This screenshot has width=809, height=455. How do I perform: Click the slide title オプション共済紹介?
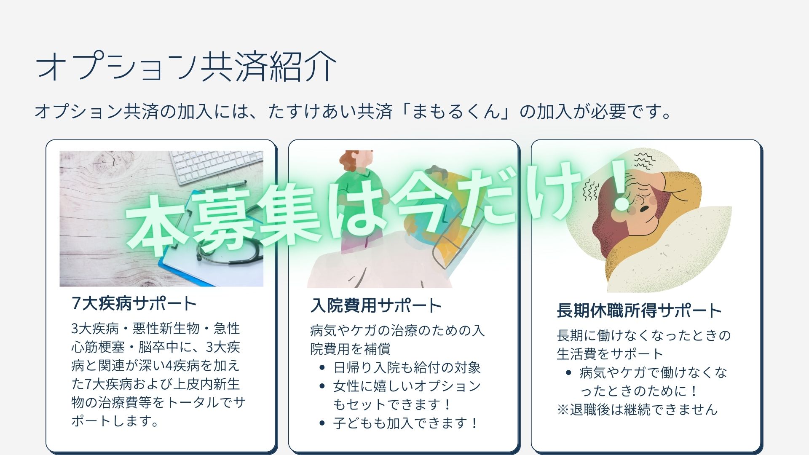click(186, 66)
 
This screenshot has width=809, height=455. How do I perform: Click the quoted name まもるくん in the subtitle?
click(455, 112)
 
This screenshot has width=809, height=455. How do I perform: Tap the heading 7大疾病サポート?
click(134, 303)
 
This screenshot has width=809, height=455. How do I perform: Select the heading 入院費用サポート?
click(376, 305)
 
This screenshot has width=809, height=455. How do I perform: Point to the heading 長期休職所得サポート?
click(639, 310)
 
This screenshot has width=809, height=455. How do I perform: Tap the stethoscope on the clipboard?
click(228, 249)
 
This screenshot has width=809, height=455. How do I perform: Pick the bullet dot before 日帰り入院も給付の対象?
click(322, 368)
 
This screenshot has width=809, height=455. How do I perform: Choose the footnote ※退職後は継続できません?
click(637, 409)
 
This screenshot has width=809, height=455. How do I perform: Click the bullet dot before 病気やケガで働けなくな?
click(569, 373)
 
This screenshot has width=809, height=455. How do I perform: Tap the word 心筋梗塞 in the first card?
click(98, 347)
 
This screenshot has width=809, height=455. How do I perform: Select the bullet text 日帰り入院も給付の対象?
click(407, 368)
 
